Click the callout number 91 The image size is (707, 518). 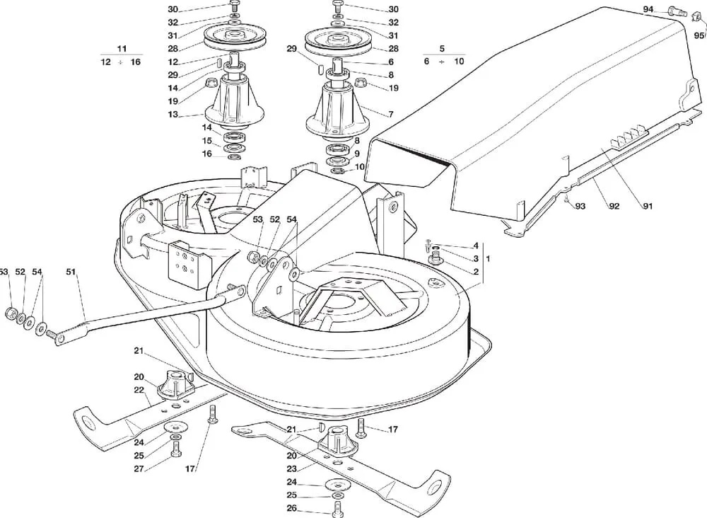click(x=648, y=206)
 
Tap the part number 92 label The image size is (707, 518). click(x=614, y=206)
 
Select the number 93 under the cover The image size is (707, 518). click(x=580, y=206)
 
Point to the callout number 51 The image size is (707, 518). click(x=71, y=272)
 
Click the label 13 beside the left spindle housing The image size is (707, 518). click(x=173, y=114)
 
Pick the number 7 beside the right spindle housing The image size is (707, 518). click(x=391, y=114)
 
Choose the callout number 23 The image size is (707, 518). click(x=291, y=468)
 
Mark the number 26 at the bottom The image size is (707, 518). click(x=291, y=509)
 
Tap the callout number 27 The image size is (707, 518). click(x=139, y=468)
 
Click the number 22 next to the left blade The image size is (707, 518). click(x=139, y=390)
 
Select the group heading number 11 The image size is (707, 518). click(x=122, y=49)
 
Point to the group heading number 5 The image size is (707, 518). click(x=442, y=49)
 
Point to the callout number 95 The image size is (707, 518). click(x=698, y=35)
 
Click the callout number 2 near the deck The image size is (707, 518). click(x=475, y=272)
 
